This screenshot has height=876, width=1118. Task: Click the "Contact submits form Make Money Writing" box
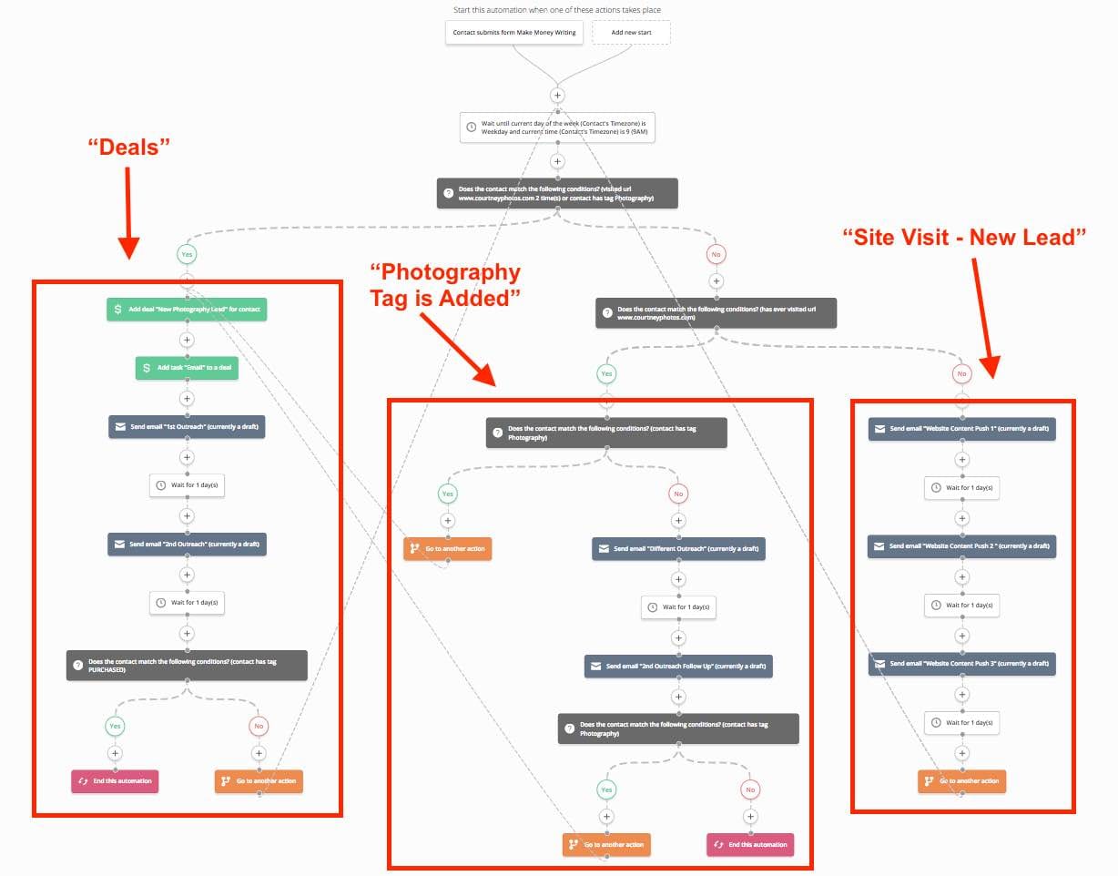[x=514, y=33]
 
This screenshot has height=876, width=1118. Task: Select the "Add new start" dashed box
[x=631, y=33]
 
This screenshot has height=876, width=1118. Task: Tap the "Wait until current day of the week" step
[x=557, y=127]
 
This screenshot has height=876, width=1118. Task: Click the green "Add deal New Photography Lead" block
[x=188, y=310]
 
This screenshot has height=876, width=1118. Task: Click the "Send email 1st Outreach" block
[x=187, y=427]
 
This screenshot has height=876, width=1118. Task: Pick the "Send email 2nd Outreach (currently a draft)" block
[x=187, y=545]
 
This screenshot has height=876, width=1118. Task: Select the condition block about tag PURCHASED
[x=187, y=664]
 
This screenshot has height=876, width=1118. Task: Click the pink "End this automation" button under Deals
[x=115, y=781]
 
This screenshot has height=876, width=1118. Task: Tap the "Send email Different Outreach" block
[x=678, y=549]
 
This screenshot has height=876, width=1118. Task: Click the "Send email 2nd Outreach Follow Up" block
[x=678, y=667]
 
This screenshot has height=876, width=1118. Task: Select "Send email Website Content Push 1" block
[x=961, y=429]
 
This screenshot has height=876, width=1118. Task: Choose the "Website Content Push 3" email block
[x=961, y=664]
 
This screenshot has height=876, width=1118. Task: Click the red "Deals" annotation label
[x=129, y=147]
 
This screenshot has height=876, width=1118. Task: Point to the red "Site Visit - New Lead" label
[x=965, y=238]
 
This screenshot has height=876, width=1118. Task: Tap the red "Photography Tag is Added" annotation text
[x=445, y=284]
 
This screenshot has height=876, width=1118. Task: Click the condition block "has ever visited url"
[x=716, y=313]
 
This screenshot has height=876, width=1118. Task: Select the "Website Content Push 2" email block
[x=961, y=546]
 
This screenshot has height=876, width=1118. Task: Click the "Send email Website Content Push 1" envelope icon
[x=879, y=429]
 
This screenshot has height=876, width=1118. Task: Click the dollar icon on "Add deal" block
[x=117, y=310]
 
